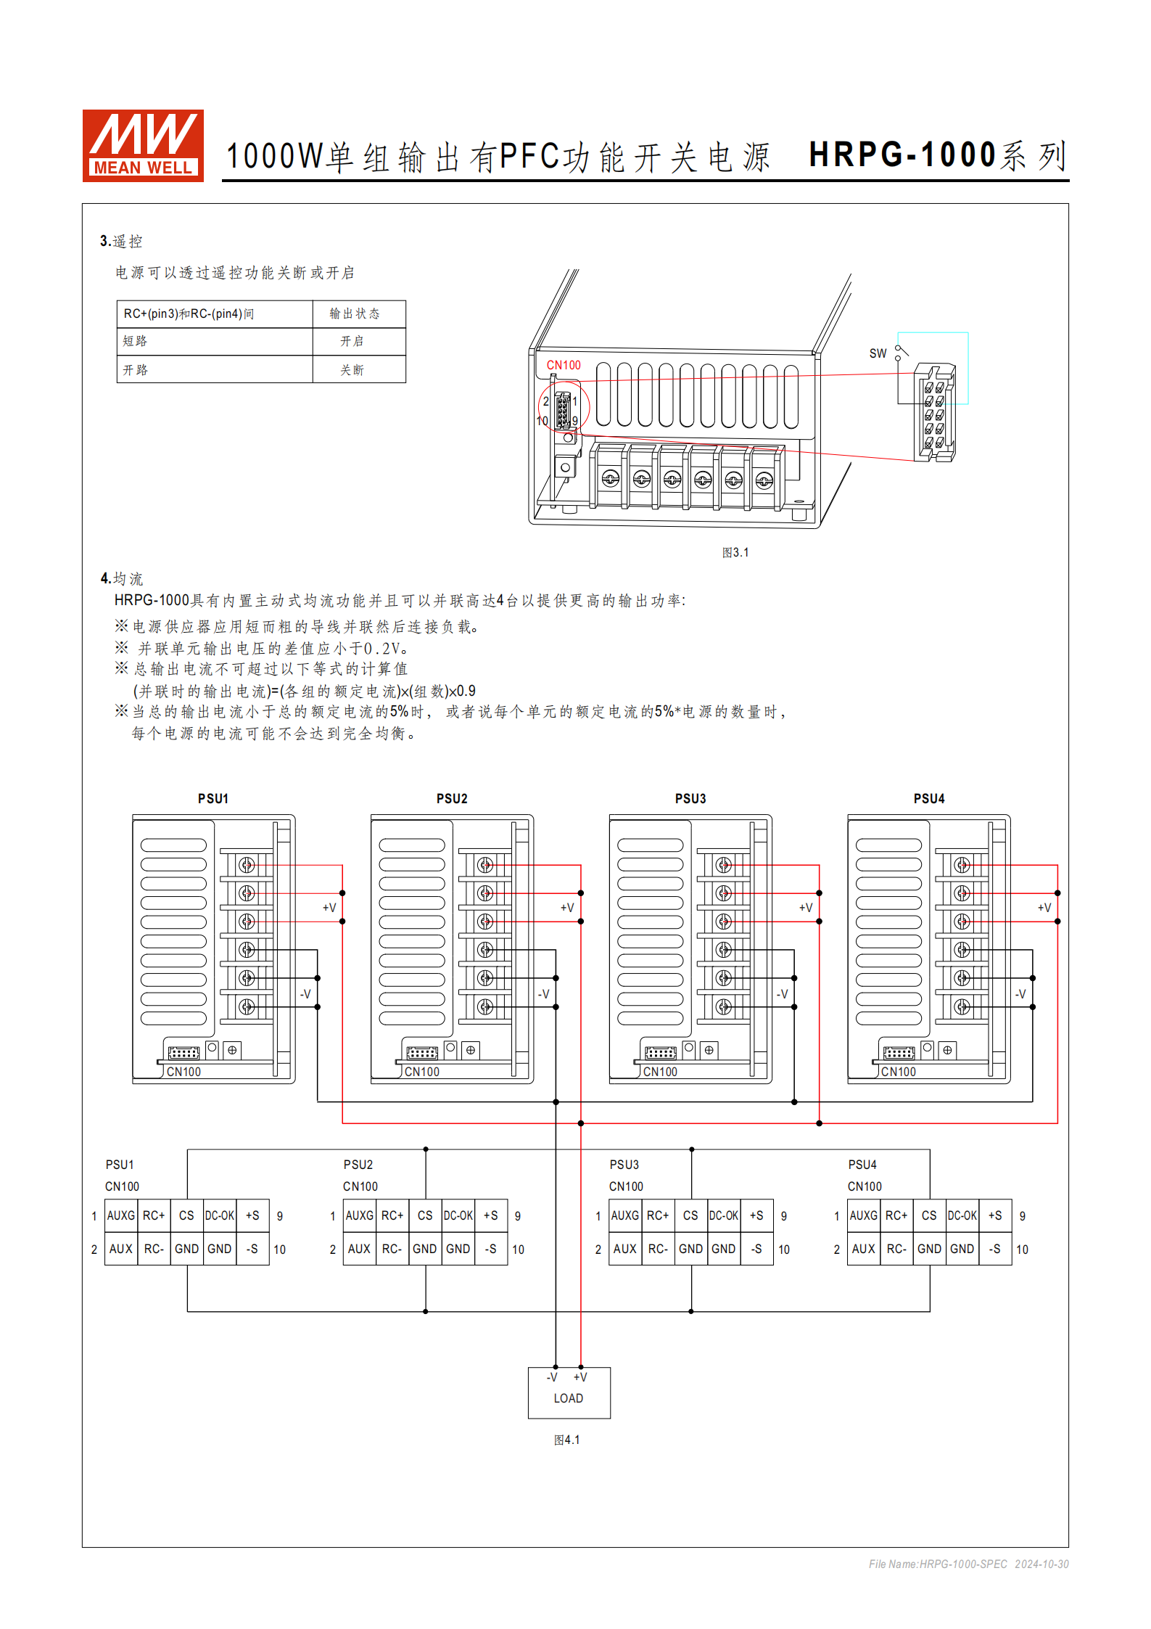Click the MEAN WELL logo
pyautogui.click(x=143, y=145)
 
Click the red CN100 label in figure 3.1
pyautogui.click(x=564, y=365)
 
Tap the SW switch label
pyautogui.click(x=878, y=353)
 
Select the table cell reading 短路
pyautogui.click(x=135, y=341)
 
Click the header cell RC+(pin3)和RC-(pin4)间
pyautogui.click(x=189, y=313)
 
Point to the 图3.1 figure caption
pyautogui.click(x=735, y=552)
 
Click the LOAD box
pyautogui.click(x=569, y=1392)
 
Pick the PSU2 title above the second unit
pyautogui.click(x=452, y=798)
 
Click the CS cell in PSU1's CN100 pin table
pyautogui.click(x=186, y=1215)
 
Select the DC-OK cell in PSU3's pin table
pyautogui.click(x=724, y=1215)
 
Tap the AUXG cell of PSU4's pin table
pyautogui.click(x=863, y=1215)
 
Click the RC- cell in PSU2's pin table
pyautogui.click(x=392, y=1249)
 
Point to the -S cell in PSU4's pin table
pyautogui.click(x=995, y=1249)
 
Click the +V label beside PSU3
pyautogui.click(x=805, y=908)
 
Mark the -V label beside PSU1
pyautogui.click(x=305, y=994)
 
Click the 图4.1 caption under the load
pyautogui.click(x=567, y=1440)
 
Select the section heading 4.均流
pyautogui.click(x=122, y=578)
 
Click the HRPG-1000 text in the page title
pyautogui.click(x=902, y=155)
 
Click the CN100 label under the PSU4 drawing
pyautogui.click(x=898, y=1072)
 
